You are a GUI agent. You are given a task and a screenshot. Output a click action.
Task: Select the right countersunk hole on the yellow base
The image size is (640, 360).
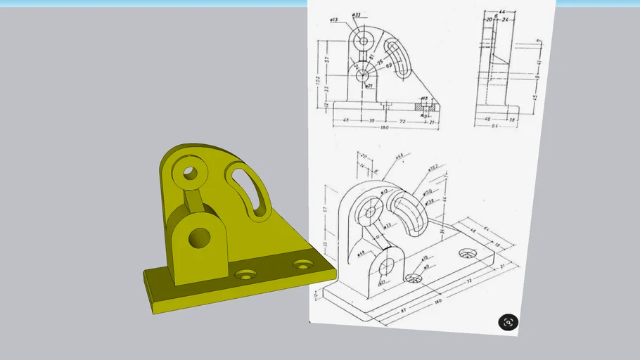click(x=304, y=265)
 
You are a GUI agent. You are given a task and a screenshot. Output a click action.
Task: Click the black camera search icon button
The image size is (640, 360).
click(x=508, y=322)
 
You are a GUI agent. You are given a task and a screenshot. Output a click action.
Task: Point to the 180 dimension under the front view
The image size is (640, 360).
click(x=384, y=128)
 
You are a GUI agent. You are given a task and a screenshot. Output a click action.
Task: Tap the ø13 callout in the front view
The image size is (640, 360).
click(x=334, y=20)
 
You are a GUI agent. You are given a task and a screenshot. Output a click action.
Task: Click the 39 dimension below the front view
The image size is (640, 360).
click(x=372, y=121)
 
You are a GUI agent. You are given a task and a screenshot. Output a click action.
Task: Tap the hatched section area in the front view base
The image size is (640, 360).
click(x=420, y=107)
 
